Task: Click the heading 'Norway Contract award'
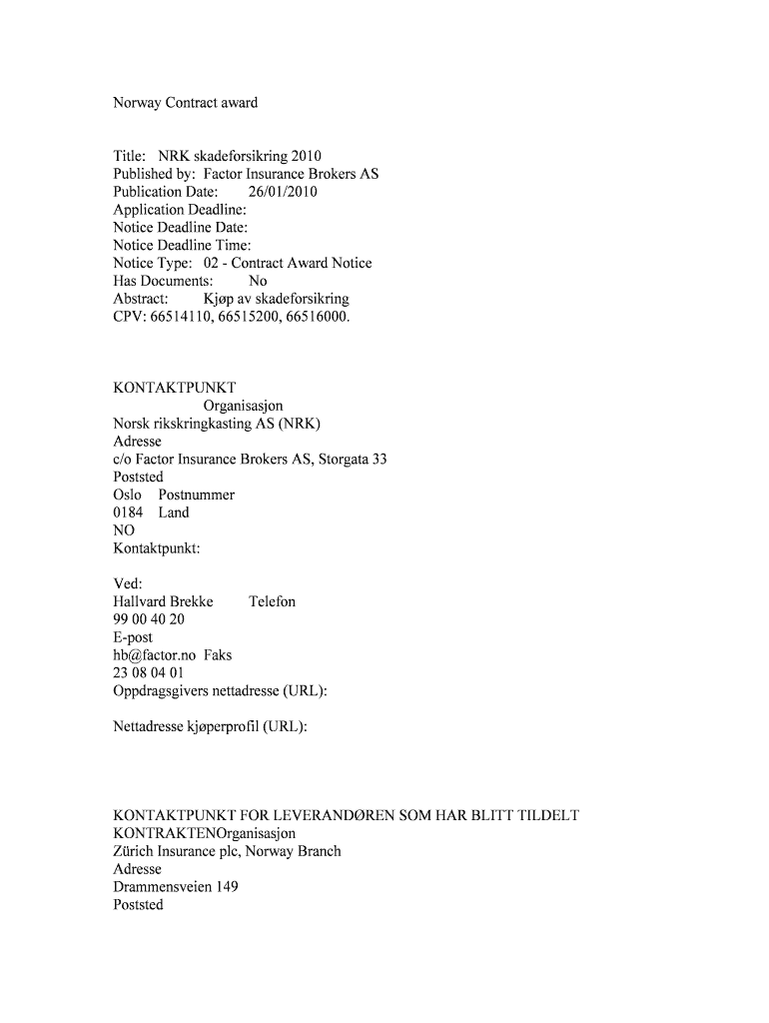coord(185,103)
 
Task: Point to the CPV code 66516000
coord(319,317)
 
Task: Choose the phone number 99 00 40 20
coord(149,619)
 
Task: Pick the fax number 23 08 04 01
coord(149,673)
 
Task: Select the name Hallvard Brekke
coord(163,601)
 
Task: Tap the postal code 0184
coord(128,512)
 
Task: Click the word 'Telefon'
coord(272,601)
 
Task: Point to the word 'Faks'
coord(218,655)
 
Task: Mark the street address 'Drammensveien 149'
coord(175,887)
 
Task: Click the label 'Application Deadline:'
coord(180,210)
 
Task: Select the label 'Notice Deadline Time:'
coord(182,246)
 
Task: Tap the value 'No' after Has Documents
coord(258,282)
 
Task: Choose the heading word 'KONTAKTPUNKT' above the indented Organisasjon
coord(175,388)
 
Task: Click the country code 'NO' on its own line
coord(124,530)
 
